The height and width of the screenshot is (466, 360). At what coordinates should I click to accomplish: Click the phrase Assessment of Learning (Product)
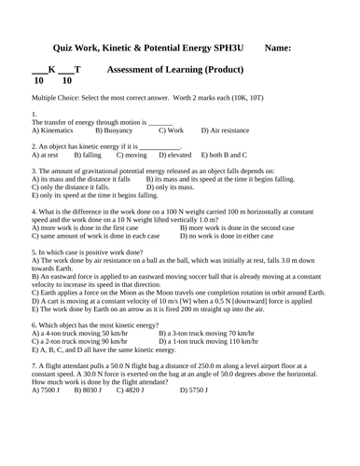tap(176, 70)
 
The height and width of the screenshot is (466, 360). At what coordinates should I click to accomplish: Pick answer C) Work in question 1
tap(172, 130)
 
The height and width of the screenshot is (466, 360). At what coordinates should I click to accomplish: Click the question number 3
tap(34, 171)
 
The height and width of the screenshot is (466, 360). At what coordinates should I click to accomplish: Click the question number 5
tap(34, 253)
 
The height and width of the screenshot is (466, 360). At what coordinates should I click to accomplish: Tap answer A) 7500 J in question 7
tap(47, 389)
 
